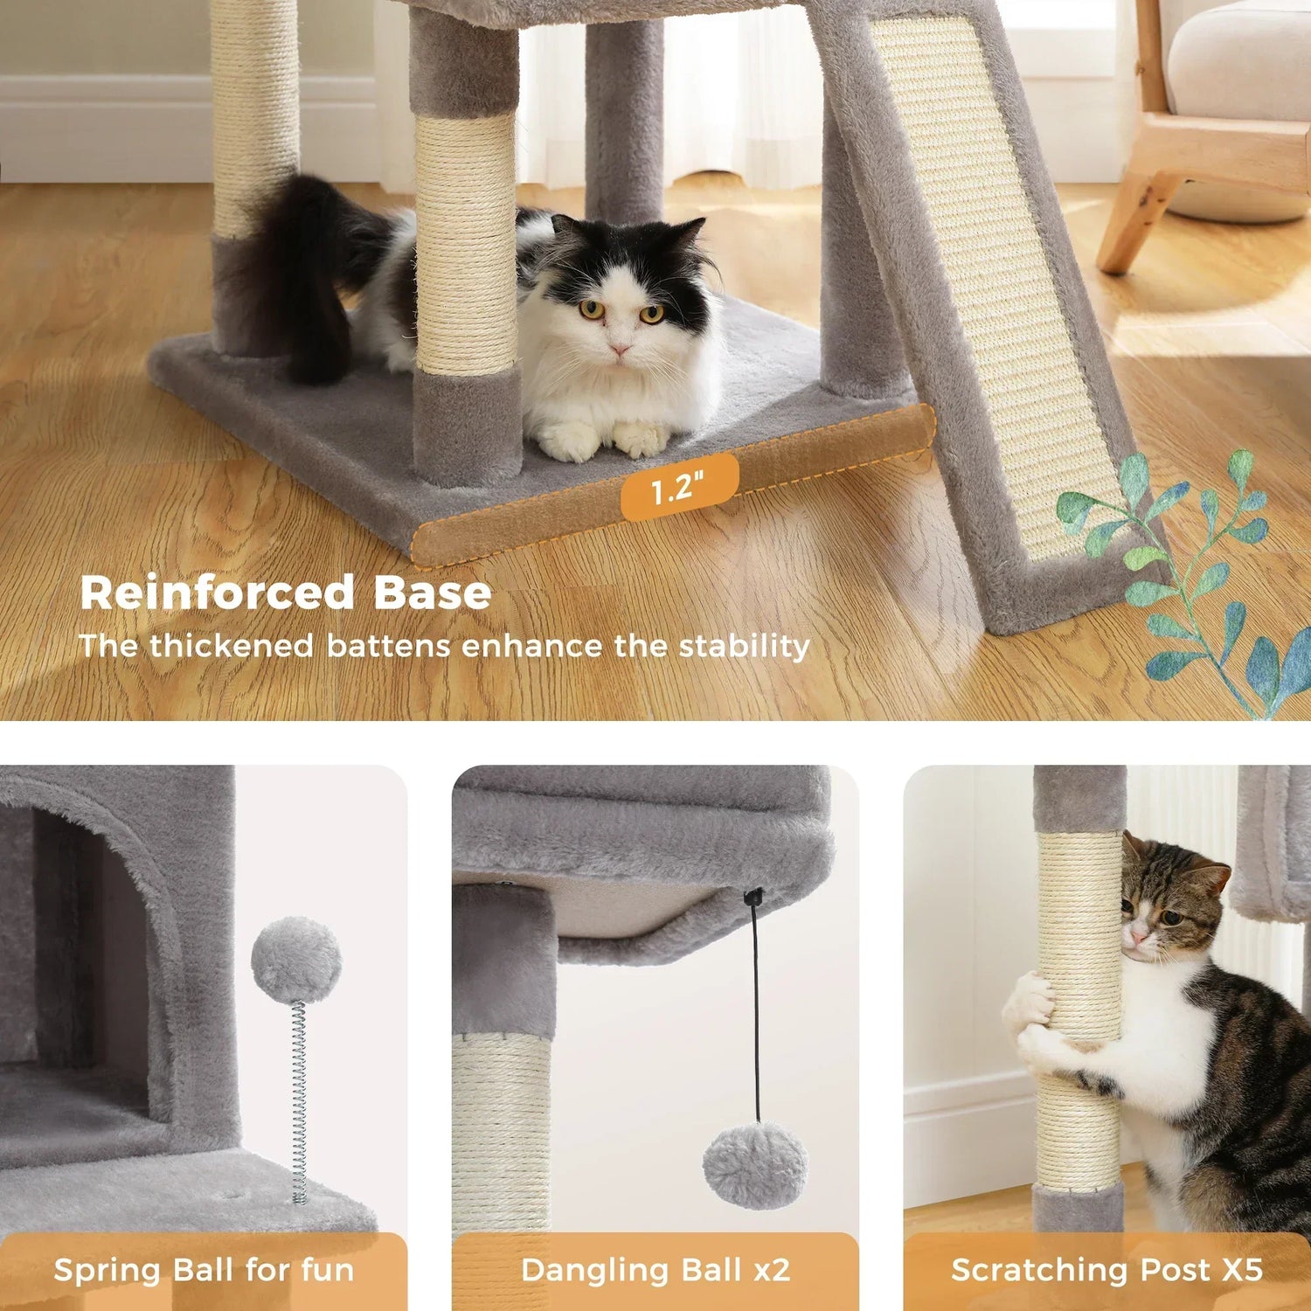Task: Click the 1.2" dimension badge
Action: pyautogui.click(x=679, y=487)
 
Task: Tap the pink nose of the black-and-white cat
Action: pyautogui.click(x=620, y=350)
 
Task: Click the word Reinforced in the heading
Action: pyautogui.click(x=217, y=593)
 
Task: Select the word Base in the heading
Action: pyautogui.click(x=433, y=593)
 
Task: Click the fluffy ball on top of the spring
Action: pyautogui.click(x=295, y=959)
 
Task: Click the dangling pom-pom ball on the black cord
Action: pyautogui.click(x=755, y=1165)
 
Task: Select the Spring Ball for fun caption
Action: pyautogui.click(x=204, y=1270)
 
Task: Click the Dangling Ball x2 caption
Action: pyautogui.click(x=655, y=1270)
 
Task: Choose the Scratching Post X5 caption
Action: pyautogui.click(x=1106, y=1270)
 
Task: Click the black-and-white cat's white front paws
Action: pyautogui.click(x=603, y=439)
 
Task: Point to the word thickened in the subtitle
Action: pyautogui.click(x=231, y=646)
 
